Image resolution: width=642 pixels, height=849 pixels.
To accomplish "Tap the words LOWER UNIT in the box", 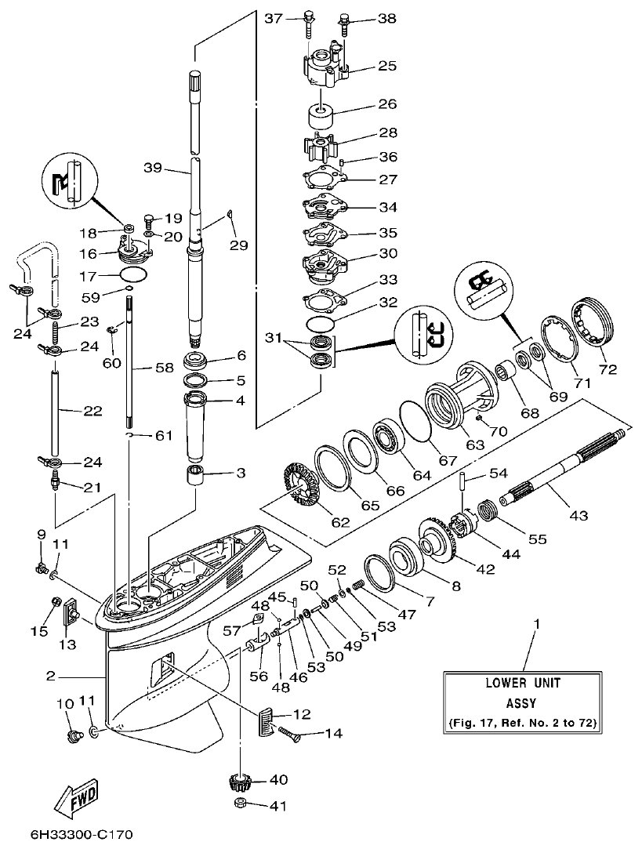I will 522,683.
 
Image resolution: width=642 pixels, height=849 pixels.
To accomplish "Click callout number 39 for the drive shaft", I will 154,167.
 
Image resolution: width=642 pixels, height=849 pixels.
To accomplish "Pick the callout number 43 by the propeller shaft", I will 578,516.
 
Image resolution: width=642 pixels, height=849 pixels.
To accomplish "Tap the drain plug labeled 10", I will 75,736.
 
